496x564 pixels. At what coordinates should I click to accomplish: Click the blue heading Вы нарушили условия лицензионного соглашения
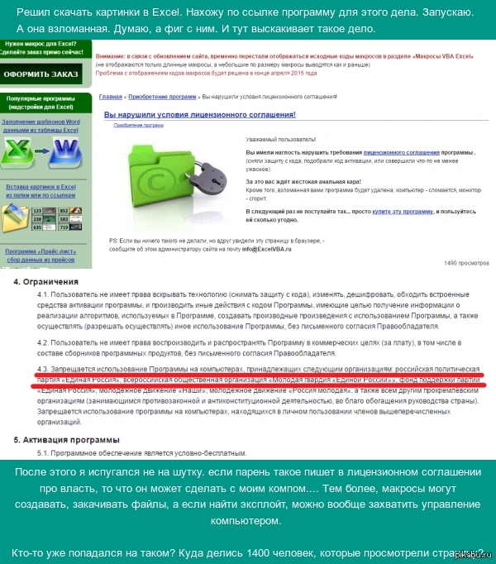click(211, 113)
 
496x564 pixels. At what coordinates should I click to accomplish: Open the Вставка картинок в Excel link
click(41, 187)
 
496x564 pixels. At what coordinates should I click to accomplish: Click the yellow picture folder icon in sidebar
click(15, 217)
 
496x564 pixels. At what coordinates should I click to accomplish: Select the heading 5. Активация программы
click(66, 439)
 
